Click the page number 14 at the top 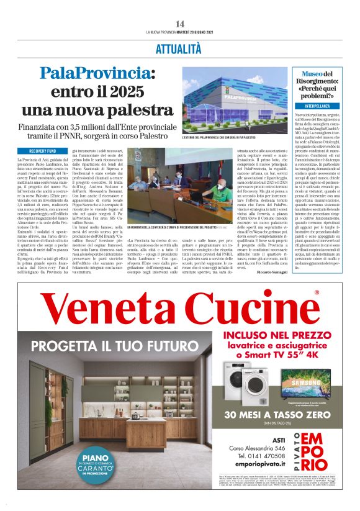tap(180, 24)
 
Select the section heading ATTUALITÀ tap(179, 48)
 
